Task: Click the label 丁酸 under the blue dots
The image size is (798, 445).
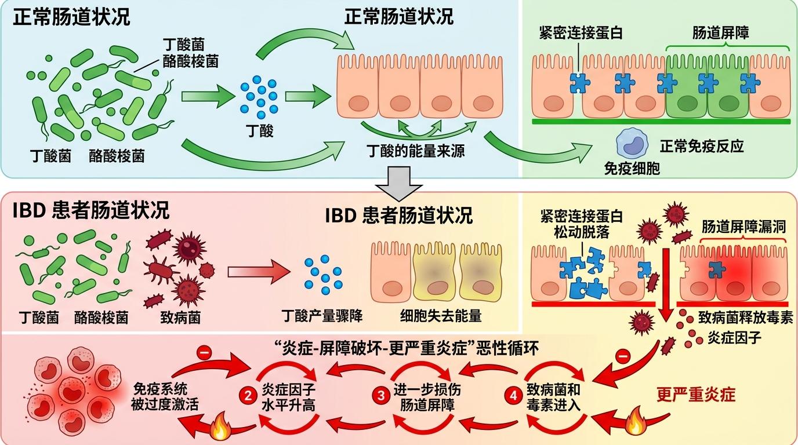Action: point(258,132)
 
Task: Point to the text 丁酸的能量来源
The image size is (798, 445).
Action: point(416,152)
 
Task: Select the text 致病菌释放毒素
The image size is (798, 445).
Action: point(745,318)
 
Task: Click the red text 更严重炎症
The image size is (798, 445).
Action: point(696,395)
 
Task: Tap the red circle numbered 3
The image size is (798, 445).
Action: point(381,397)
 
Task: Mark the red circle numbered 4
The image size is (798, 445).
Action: point(513,397)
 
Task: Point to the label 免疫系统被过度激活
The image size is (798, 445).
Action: point(165,397)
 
